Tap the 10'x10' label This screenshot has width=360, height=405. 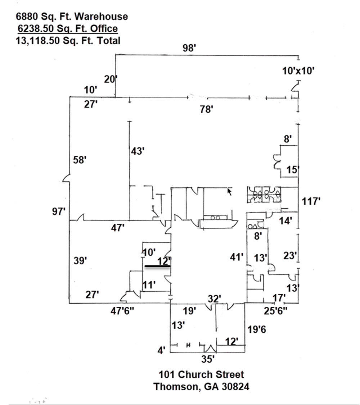[x=299, y=71]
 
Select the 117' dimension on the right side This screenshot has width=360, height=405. [x=311, y=201]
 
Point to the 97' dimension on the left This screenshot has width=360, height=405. [x=58, y=211]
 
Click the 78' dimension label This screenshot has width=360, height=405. [x=207, y=109]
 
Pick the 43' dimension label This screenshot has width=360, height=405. [x=137, y=151]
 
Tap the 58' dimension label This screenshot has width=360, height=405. [x=80, y=160]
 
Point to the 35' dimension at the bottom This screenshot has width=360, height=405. [x=208, y=359]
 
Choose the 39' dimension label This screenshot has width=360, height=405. [x=81, y=260]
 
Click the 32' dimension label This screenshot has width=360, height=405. [x=215, y=299]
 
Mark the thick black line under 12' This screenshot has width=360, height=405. [x=157, y=267]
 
